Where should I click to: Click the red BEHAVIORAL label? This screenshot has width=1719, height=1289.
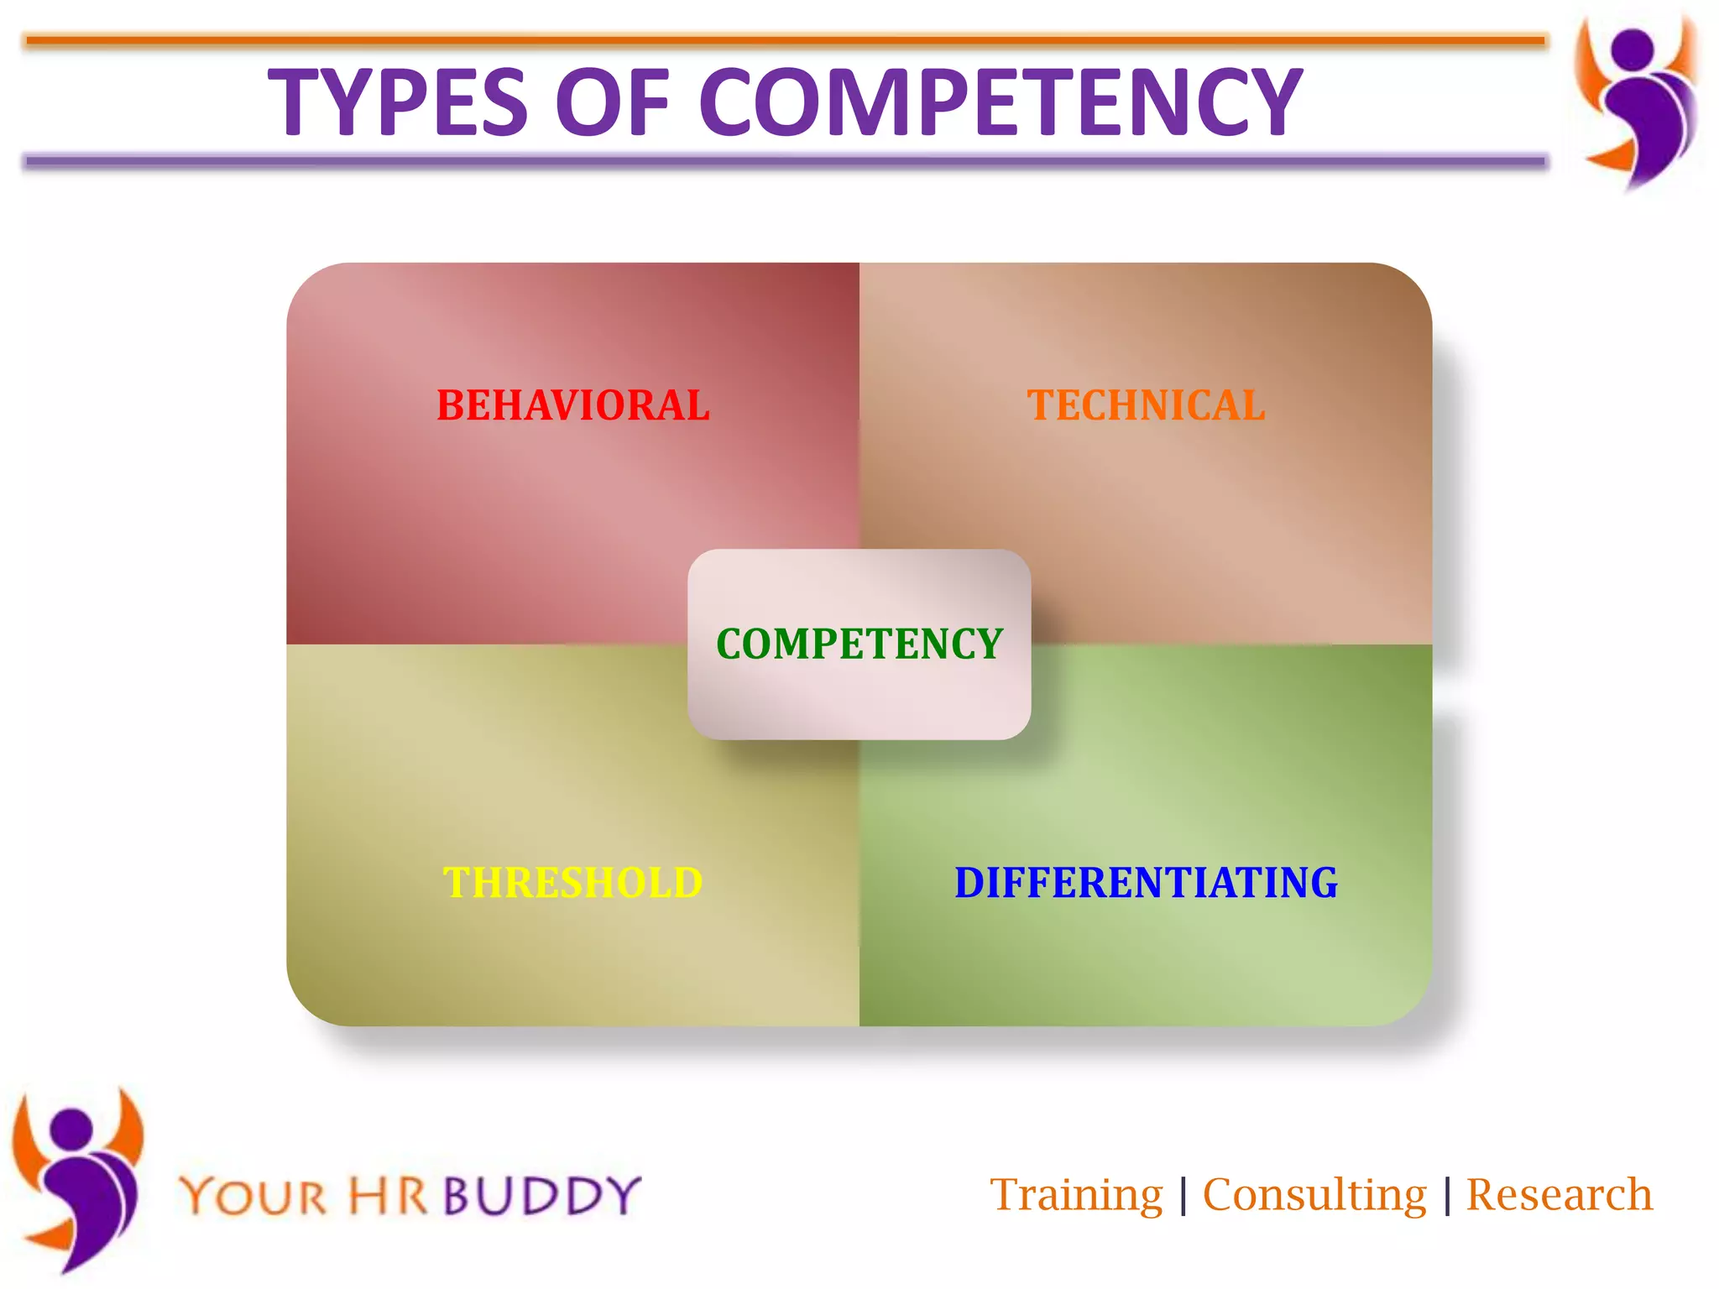[x=573, y=406]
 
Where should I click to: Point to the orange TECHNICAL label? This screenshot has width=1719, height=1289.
[x=1146, y=406]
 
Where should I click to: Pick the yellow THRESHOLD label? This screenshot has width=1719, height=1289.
[x=573, y=883]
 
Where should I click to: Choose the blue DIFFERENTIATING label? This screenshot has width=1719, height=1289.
[x=1146, y=883]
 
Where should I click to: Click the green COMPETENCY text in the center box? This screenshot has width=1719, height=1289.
[x=859, y=644]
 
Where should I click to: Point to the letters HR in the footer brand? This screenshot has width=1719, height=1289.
[x=387, y=1196]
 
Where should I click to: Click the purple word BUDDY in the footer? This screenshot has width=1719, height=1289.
[x=542, y=1196]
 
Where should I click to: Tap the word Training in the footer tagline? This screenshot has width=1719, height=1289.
[x=1076, y=1195]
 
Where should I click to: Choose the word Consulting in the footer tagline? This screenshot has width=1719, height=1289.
[x=1314, y=1195]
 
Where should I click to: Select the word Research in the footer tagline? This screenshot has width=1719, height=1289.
[x=1559, y=1195]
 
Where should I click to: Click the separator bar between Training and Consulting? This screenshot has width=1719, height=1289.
[x=1183, y=1196]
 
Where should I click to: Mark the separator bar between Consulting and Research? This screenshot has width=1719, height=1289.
[x=1447, y=1196]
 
